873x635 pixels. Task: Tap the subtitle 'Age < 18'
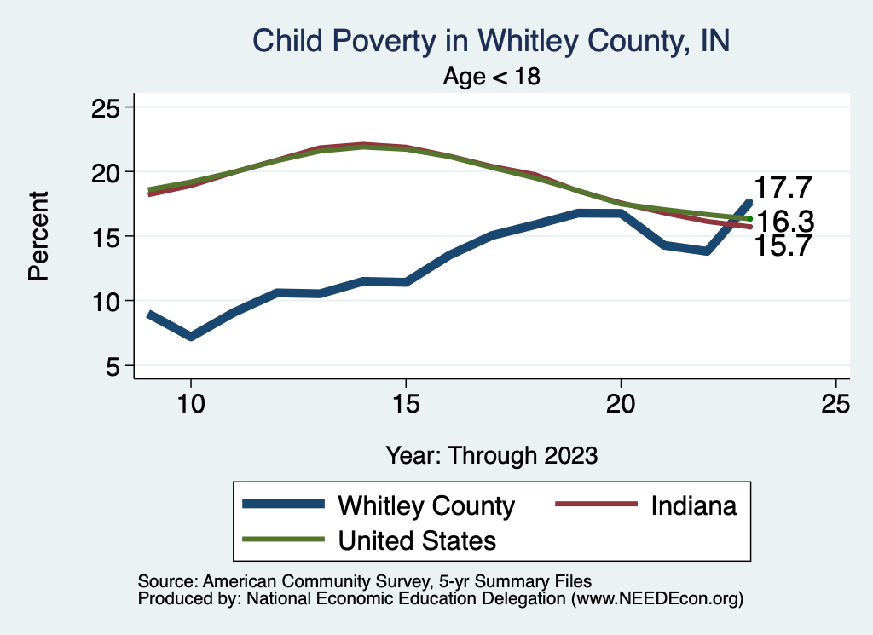(492, 76)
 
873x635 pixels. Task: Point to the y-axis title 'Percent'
(38, 236)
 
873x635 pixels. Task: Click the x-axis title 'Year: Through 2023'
(492, 454)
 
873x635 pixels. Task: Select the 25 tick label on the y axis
(108, 107)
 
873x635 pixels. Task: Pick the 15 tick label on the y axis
(108, 236)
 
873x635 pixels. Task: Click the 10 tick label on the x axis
(190, 404)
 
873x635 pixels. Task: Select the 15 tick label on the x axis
(406, 404)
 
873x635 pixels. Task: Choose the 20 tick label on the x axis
(621, 404)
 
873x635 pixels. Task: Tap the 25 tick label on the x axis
(835, 404)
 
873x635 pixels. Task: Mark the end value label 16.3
(786, 222)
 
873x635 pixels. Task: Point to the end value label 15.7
(782, 246)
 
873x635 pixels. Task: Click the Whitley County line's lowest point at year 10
(191, 337)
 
